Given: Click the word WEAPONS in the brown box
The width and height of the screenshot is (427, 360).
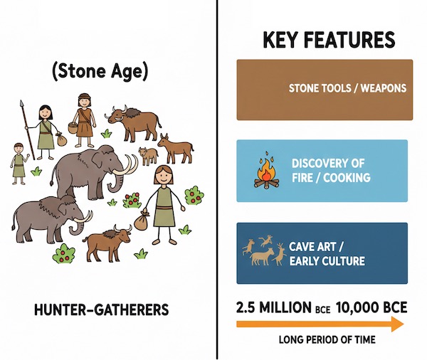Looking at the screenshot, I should point(380,89).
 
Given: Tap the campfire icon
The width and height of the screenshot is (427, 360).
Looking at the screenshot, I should point(267,172).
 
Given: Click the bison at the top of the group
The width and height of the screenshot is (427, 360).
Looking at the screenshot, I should point(132,124).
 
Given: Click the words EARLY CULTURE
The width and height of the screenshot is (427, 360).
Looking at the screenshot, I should point(327,261).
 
